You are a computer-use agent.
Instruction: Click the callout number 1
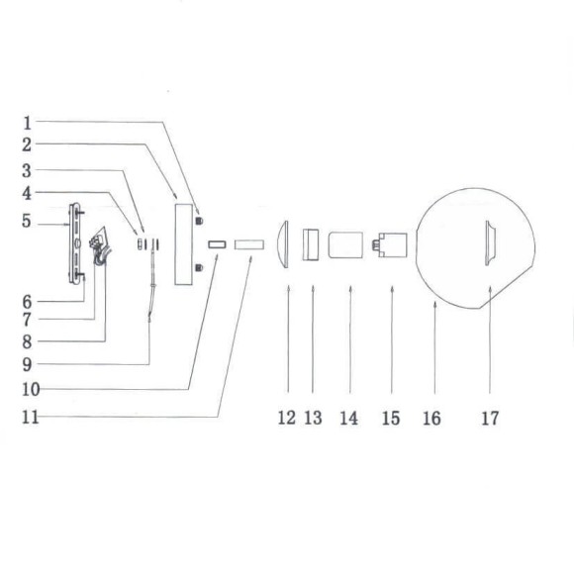28,123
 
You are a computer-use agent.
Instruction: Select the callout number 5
28,221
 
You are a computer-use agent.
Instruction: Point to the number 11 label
30,417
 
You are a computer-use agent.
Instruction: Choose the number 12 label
287,419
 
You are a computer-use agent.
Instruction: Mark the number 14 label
348,419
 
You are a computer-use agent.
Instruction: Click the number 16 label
431,419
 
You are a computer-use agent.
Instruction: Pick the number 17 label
491,419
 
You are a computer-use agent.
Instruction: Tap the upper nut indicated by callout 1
199,219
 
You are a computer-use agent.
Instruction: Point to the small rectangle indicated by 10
217,243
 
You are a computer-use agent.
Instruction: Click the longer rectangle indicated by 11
249,243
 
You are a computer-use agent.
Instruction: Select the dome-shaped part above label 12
284,243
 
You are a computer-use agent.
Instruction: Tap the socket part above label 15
391,244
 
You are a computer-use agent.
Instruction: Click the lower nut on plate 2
199,266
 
